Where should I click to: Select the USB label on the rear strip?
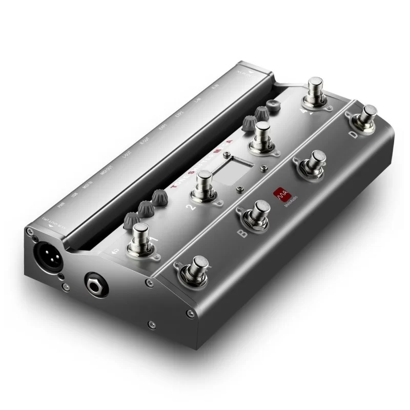pos(75,195)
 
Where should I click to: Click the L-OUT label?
pos(126,155)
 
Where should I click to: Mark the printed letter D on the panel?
pos(353,134)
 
